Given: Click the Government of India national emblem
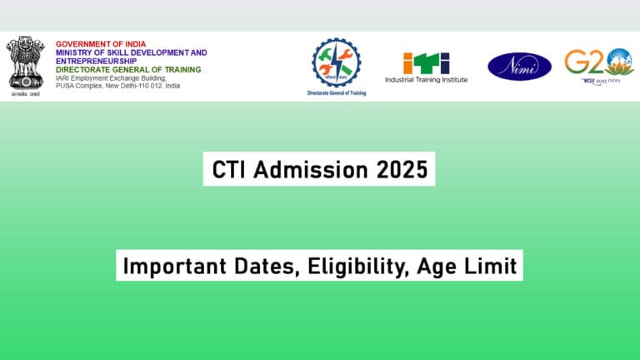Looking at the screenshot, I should pos(25,64).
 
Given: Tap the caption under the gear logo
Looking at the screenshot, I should pos(337,93).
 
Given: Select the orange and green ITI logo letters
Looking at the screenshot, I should pos(426,62).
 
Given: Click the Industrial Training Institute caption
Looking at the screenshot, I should pos(426,80).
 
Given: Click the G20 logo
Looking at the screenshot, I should pos(598,63).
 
